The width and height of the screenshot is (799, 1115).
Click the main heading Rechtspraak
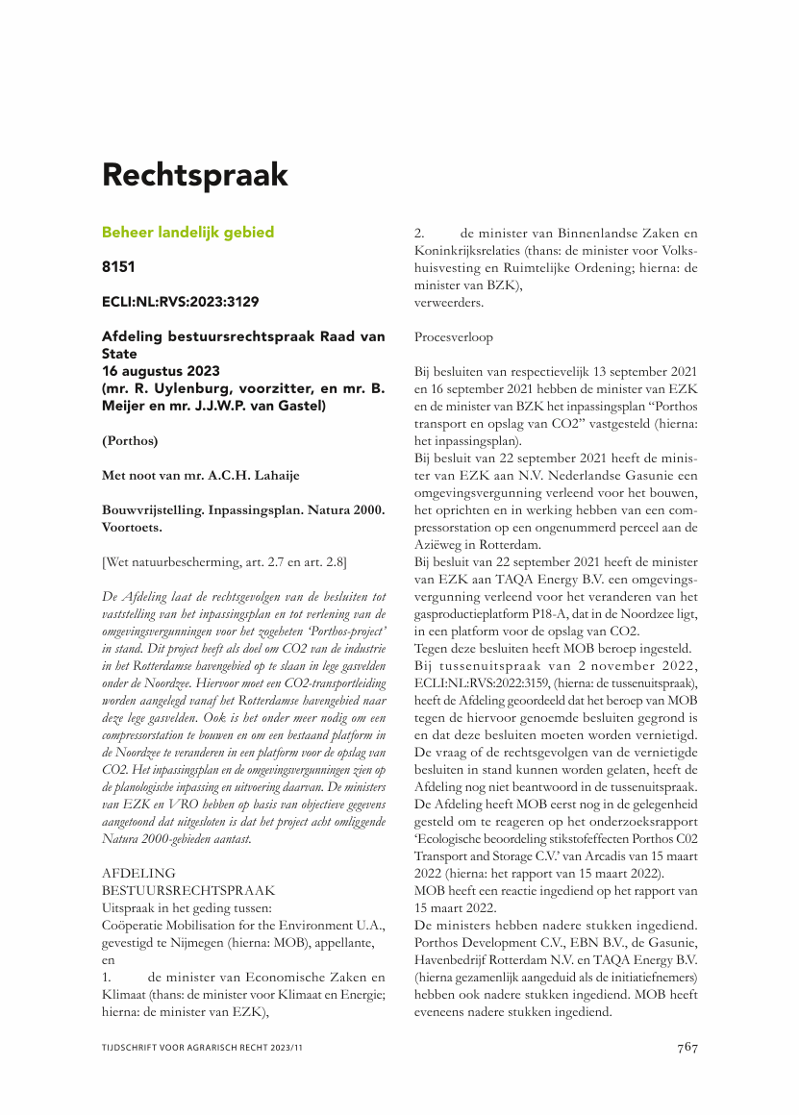pos(195,176)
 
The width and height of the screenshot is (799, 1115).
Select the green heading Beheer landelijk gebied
pos(187,232)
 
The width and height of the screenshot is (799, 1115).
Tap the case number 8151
pos(120,267)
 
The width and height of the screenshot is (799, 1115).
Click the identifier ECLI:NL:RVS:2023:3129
pos(180,302)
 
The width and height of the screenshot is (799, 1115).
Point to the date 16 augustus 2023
pos(161,371)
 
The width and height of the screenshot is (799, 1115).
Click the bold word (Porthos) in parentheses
pos(130,441)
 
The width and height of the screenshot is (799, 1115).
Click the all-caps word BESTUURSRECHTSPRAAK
pos(188,891)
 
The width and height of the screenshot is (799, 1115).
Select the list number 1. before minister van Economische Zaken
pos(108,978)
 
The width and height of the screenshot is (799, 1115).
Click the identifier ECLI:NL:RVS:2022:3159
pos(479,683)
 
